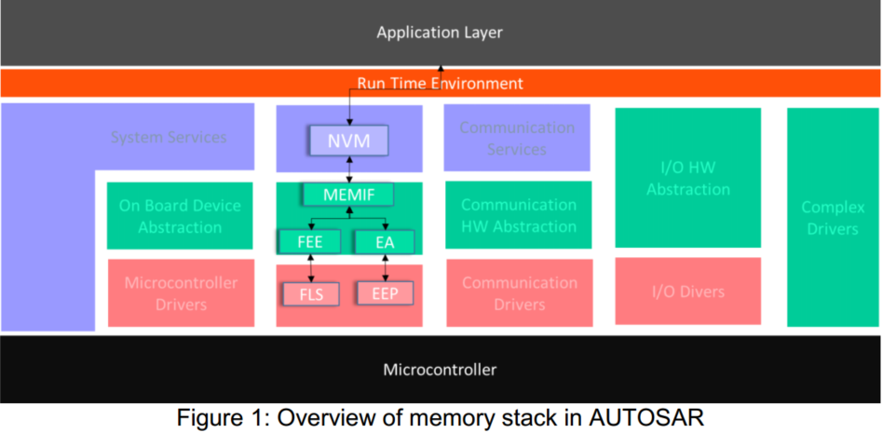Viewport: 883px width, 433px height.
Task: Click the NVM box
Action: [348, 142]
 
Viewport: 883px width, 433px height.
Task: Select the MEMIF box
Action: [347, 196]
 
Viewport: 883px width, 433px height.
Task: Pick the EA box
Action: [385, 242]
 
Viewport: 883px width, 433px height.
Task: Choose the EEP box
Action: [385, 293]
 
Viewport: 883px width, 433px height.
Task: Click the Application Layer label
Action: [440, 33]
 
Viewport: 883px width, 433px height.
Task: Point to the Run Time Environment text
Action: [440, 83]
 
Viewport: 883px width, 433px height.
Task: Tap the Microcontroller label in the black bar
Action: [440, 370]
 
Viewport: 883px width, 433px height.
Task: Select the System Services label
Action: [169, 137]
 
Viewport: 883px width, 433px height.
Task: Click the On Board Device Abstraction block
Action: [180, 216]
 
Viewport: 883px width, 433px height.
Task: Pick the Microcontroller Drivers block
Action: [181, 293]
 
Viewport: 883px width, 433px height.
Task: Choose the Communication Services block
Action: [517, 138]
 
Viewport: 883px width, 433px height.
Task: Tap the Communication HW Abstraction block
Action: [519, 215]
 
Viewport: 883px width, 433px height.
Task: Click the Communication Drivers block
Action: [520, 293]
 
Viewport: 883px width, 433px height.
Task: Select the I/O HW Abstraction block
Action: [688, 177]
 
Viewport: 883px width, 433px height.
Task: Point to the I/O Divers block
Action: [688, 291]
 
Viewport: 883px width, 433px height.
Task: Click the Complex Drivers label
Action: [832, 218]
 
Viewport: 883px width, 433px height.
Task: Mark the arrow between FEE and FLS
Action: [309, 267]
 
